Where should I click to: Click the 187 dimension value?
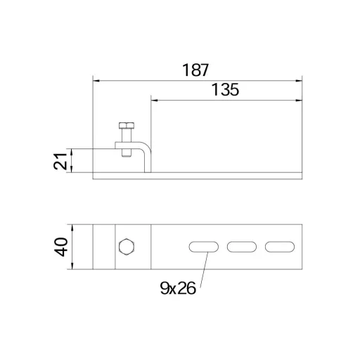tap(195, 70)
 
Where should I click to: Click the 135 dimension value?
tap(225, 90)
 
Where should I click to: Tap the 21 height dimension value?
tap(60, 161)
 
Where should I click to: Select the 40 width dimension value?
tap(60, 247)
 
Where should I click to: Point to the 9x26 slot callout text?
tap(178, 288)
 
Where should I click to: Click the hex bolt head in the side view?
tap(127, 126)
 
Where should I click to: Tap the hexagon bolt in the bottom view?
tap(127, 247)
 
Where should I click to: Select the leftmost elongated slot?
tap(204, 247)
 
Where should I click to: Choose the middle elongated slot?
tap(242, 247)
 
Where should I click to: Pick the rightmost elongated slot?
tap(280, 247)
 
